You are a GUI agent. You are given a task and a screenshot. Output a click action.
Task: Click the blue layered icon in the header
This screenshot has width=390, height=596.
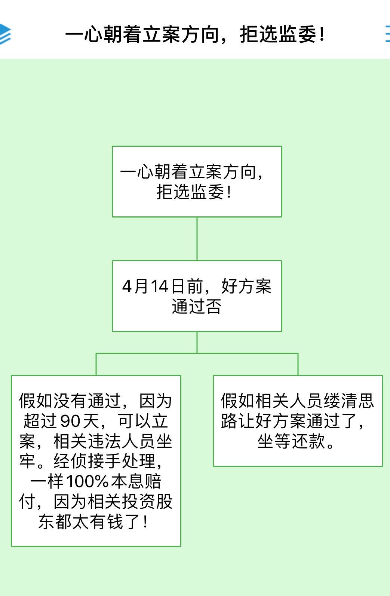click(x=5, y=34)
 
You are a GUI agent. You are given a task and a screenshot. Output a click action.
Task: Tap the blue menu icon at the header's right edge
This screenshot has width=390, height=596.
click(x=388, y=34)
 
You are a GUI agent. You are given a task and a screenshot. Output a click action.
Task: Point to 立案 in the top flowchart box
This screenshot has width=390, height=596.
click(x=206, y=172)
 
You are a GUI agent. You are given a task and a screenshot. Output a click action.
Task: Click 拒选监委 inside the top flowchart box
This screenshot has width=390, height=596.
click(x=190, y=192)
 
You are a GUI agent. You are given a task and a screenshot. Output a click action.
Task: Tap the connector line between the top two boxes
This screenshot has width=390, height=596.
click(x=197, y=239)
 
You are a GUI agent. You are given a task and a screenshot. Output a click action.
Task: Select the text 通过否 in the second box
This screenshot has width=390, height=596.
click(x=197, y=306)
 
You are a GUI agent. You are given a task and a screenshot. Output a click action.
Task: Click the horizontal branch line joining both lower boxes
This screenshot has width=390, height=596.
click(x=197, y=354)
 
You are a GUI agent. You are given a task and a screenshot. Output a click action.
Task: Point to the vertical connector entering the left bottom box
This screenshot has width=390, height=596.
click(x=96, y=364)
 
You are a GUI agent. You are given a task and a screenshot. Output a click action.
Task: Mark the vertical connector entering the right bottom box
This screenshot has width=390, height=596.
click(x=298, y=364)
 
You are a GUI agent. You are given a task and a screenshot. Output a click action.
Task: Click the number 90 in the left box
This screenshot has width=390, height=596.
click(x=70, y=421)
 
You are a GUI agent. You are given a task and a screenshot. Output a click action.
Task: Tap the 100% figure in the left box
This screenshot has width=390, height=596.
click(x=87, y=481)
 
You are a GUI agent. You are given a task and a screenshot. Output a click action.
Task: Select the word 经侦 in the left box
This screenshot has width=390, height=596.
click(x=70, y=461)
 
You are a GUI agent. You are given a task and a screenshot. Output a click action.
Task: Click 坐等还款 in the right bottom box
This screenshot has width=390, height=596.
click(x=291, y=441)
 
